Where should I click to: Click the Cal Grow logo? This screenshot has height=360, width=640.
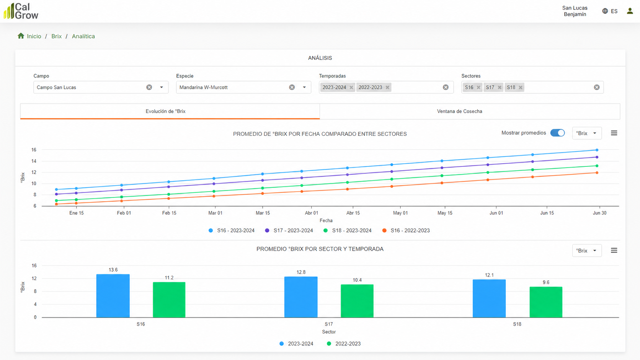pos(21,11)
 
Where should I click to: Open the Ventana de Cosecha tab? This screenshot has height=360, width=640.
pos(459,111)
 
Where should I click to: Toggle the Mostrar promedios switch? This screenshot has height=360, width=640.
pos(557,133)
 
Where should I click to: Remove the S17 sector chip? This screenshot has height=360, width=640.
pos(500,87)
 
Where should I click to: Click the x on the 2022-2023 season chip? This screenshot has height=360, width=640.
pos(387,87)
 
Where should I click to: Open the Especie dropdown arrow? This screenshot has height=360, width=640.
pos(304,87)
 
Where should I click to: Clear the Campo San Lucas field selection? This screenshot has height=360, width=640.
pos(149,87)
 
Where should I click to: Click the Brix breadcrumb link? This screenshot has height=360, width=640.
pos(57,36)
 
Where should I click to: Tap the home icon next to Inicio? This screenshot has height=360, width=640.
pos(21,36)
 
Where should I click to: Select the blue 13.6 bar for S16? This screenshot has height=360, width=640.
pos(113,296)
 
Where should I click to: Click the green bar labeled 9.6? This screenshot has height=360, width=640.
pos(546,302)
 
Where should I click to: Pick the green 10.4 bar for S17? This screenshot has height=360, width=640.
pos(357,301)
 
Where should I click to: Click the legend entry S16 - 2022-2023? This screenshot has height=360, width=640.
pos(406,231)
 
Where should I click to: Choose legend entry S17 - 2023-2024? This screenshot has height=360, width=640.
pos(289,231)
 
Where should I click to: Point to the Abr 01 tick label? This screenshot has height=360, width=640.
pos(312,213)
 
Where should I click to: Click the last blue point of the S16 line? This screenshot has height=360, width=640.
pos(597,150)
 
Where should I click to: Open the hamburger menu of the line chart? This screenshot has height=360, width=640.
pos(614,133)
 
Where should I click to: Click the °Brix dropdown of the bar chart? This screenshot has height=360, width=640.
pos(587,251)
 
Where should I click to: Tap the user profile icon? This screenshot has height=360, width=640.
pos(630,11)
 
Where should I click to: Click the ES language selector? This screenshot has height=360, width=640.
pos(610,11)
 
